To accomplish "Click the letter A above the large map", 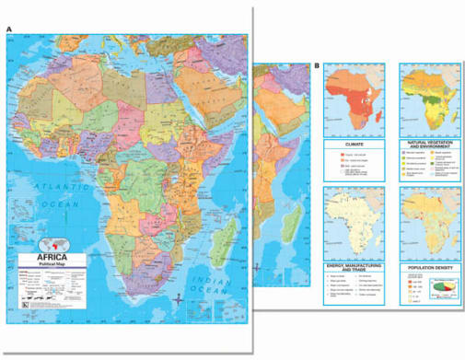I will pyautogui.click(x=8, y=29).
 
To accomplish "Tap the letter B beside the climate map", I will pyautogui.click(x=318, y=65).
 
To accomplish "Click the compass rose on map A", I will pyautogui.click(x=177, y=299).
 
